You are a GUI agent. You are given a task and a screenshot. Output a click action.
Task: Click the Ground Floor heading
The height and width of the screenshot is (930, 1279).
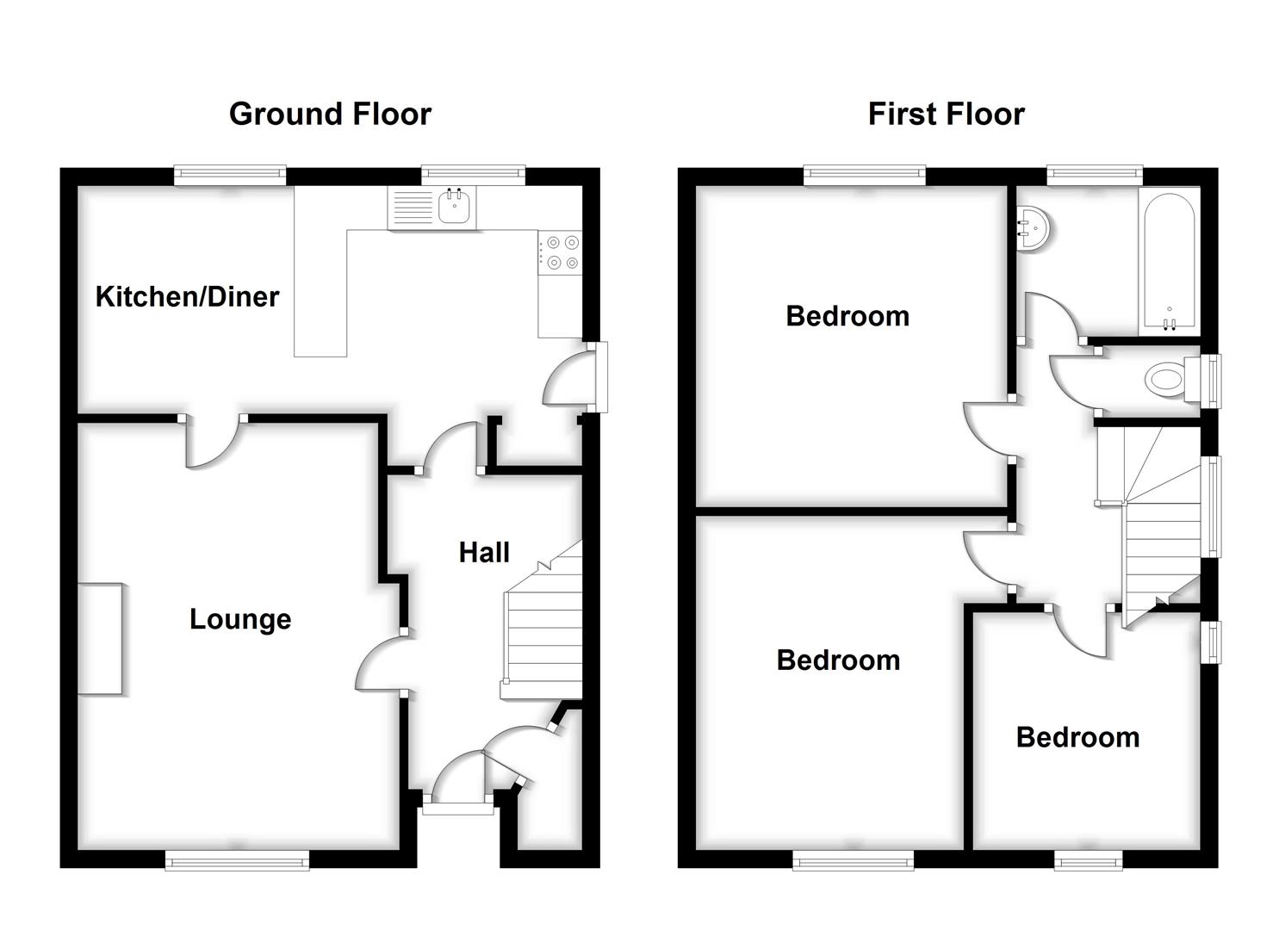[x=330, y=114]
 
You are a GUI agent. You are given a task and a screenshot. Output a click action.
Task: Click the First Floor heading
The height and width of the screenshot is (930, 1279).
[x=946, y=114]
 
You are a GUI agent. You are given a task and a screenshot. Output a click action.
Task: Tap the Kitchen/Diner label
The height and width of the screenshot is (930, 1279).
[x=187, y=296]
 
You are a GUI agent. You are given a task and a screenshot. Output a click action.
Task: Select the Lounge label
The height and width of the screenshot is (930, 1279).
[x=240, y=619]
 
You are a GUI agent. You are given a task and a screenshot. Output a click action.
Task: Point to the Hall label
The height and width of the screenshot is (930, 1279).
[x=484, y=552]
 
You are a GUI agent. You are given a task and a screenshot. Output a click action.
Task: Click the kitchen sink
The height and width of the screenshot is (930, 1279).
[x=454, y=206]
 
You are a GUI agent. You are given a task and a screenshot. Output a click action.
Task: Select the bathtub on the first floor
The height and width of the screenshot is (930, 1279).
[x=1169, y=260]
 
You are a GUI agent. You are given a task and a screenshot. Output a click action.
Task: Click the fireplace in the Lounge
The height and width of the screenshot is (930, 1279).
[x=100, y=638]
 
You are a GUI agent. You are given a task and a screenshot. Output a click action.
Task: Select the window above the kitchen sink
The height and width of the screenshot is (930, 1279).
[x=473, y=176]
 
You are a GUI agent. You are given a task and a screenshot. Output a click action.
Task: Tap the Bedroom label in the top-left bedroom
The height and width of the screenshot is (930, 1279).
[x=847, y=316]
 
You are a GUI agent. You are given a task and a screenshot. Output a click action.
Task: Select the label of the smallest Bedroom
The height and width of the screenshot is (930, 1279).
[x=1077, y=737]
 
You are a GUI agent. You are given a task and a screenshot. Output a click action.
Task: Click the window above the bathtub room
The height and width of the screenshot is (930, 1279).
[x=1094, y=176]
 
